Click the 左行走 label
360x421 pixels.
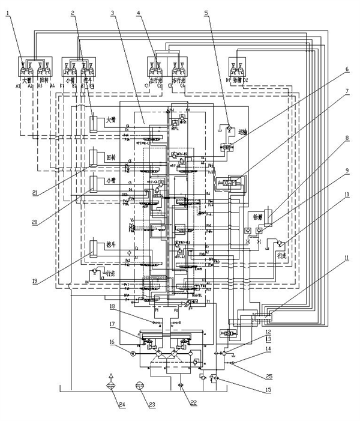coord(155,77)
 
